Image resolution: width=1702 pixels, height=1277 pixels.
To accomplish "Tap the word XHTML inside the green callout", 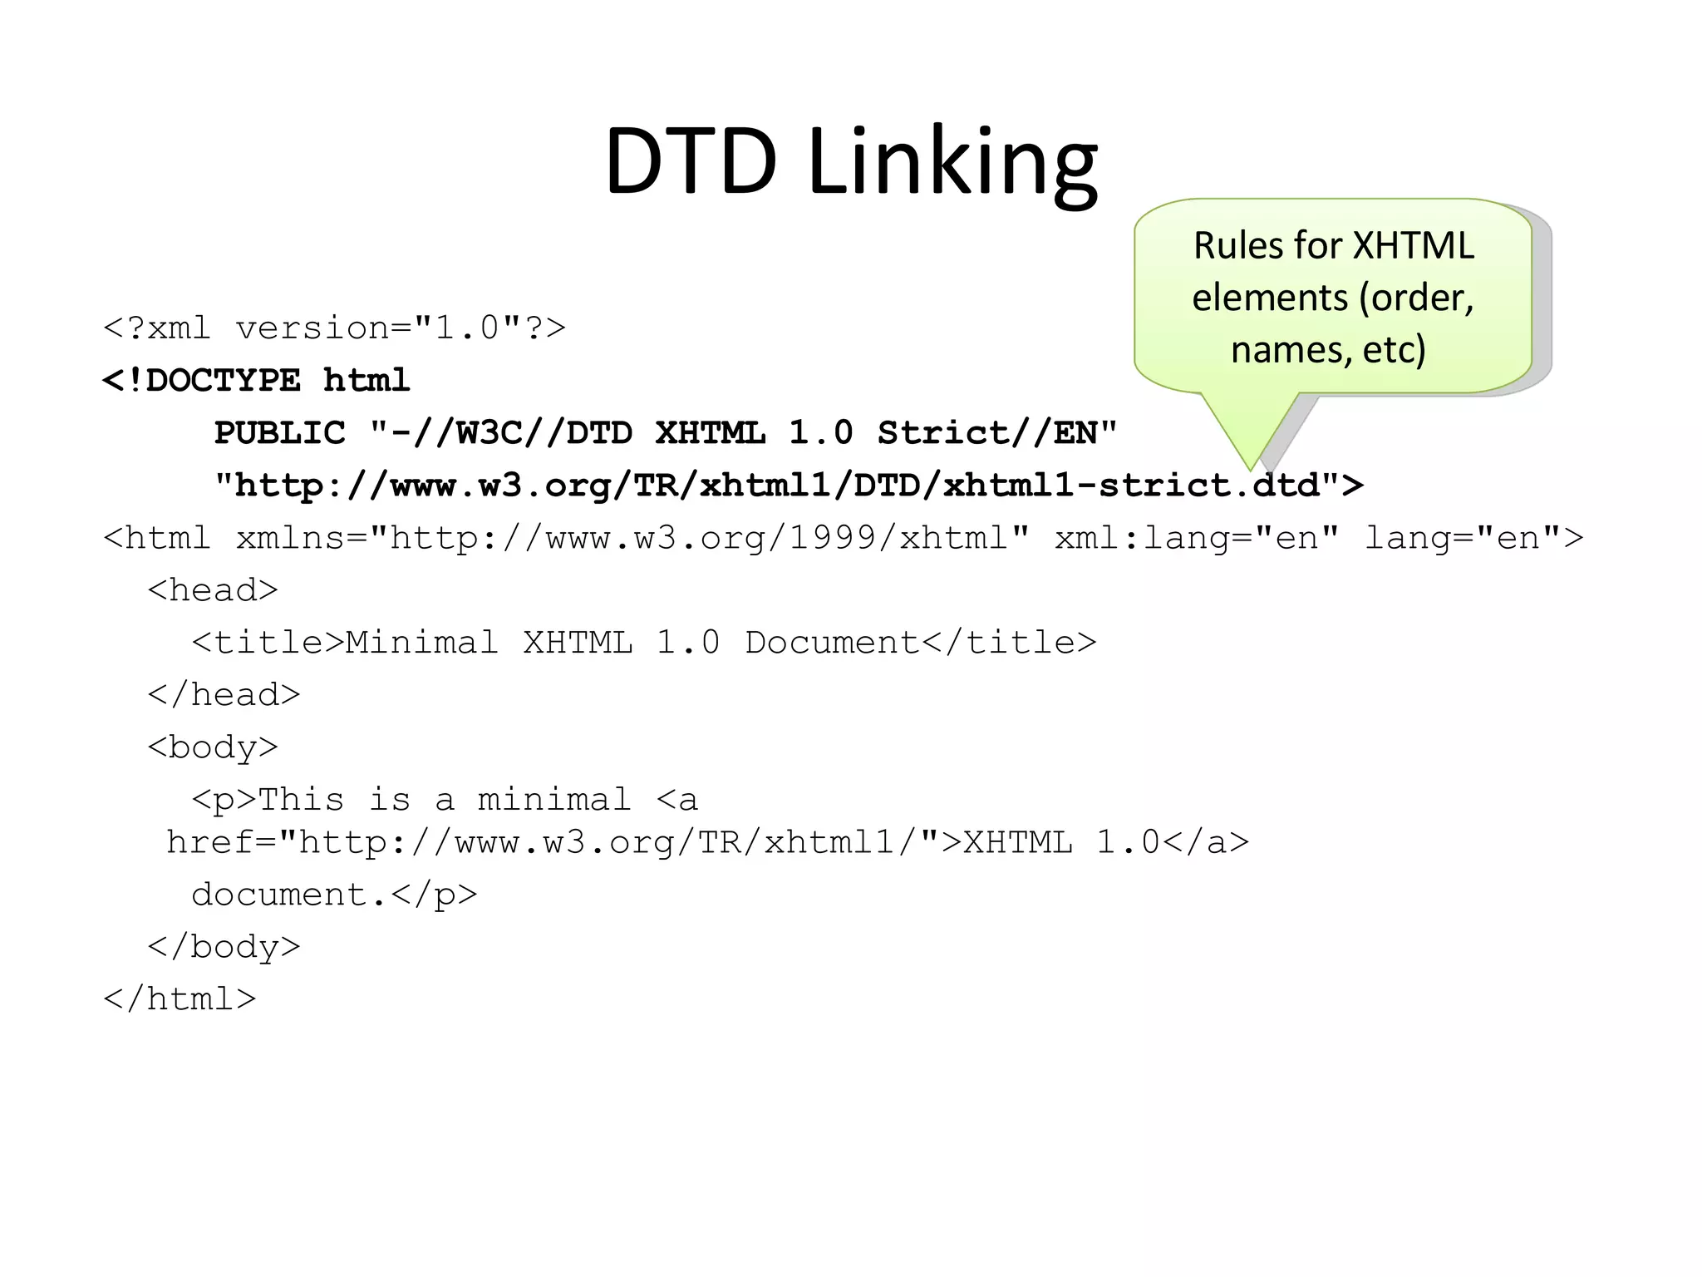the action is (1414, 246).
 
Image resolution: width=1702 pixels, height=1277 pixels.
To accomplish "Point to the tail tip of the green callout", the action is (1250, 469).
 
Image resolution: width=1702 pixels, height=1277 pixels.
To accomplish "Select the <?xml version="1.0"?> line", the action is (334, 328).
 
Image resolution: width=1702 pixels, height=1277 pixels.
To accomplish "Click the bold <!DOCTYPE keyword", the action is (201, 381).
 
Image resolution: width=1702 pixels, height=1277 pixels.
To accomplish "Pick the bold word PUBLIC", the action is (279, 433).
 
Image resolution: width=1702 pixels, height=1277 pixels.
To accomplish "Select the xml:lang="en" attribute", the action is (1197, 538).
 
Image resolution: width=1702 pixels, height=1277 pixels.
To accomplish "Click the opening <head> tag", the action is (213, 590).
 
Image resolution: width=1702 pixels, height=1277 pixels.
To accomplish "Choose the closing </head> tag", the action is (224, 695).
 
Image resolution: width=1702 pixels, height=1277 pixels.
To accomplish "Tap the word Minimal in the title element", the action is (421, 643).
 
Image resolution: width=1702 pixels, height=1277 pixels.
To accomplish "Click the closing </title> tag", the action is (1009, 643).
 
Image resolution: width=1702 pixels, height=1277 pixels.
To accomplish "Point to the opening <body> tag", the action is (213, 747).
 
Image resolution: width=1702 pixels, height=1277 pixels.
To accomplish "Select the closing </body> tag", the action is (224, 947).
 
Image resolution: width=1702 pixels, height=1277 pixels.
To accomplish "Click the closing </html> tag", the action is (180, 999).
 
